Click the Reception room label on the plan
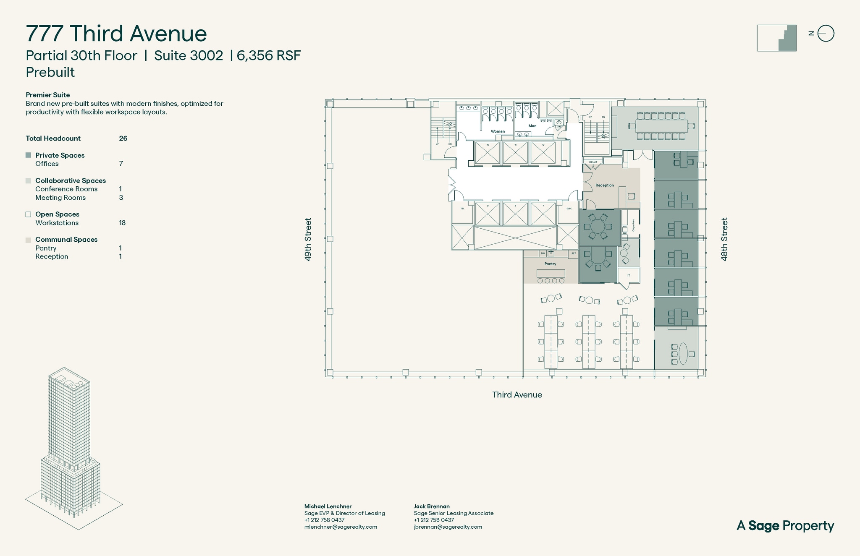tap(604, 185)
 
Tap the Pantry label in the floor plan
tap(550, 264)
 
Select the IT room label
tap(629, 275)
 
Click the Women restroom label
tap(498, 131)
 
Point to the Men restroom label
tap(532, 126)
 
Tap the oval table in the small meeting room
tap(683, 353)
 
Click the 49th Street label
tap(308, 239)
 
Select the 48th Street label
tap(724, 239)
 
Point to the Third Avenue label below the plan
tap(517, 395)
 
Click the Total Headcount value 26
tap(123, 138)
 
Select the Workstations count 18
tap(122, 223)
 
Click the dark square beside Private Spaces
tap(29, 155)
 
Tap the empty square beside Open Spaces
tap(29, 214)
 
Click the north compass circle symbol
tap(826, 34)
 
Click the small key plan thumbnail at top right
tap(776, 38)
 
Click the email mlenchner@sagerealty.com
tap(341, 527)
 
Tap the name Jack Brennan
tap(432, 506)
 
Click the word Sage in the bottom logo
tap(763, 526)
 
